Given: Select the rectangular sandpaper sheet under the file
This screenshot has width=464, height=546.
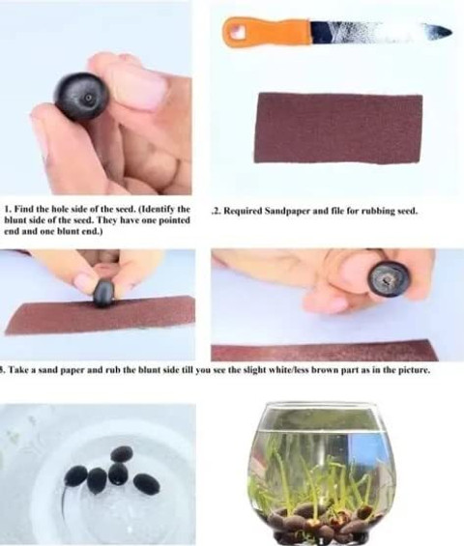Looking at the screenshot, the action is tap(338, 129).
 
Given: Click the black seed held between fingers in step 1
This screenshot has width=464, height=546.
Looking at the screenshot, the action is tap(81, 97).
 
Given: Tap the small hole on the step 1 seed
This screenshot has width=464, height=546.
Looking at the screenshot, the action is tap(89, 99).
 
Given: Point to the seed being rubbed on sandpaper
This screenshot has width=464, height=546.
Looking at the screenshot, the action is tap(104, 293).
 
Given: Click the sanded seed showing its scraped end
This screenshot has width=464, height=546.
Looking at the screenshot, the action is tap(388, 279).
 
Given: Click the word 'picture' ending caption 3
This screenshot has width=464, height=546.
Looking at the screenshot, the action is tap(416, 370).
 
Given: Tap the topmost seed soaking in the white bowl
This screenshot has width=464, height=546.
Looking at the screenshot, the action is tap(122, 454).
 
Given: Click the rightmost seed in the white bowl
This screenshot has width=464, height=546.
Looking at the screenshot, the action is tap(147, 483).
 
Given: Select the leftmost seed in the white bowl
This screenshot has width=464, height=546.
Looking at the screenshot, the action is tap(76, 476).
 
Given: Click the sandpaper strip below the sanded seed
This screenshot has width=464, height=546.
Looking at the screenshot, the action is tap(324, 350).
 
